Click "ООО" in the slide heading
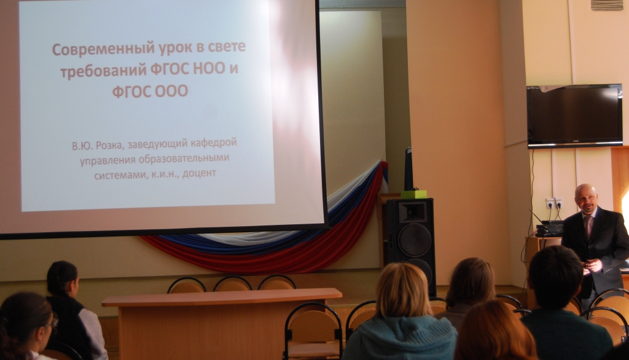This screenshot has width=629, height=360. pyautogui.click(x=171, y=92)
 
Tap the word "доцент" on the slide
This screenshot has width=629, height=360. pyautogui.click(x=200, y=174)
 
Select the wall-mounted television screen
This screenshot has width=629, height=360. pyautogui.click(x=574, y=116)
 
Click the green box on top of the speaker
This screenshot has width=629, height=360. pyautogui.click(x=414, y=194)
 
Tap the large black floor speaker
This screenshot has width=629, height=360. pyautogui.click(x=411, y=245)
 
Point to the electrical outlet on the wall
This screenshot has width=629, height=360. pyautogui.click(x=553, y=203)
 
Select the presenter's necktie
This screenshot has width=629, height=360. pyautogui.click(x=588, y=226)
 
